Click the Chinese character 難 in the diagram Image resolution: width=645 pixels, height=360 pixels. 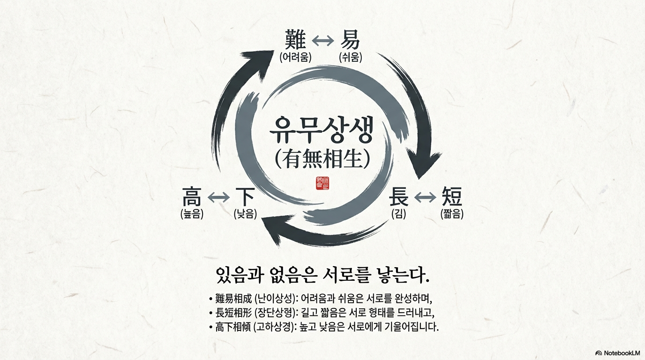295,39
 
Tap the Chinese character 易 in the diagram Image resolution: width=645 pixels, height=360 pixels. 350,39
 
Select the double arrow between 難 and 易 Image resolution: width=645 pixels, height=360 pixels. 322,41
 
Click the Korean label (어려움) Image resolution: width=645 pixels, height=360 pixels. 295,58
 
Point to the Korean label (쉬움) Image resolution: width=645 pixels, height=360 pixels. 350,58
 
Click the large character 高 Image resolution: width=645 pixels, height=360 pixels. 192,197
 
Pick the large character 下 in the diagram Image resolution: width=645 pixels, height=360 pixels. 245,197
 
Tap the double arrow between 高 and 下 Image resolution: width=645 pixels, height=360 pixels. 218,198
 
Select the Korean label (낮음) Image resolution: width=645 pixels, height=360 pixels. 246,215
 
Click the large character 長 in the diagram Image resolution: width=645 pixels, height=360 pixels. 398,197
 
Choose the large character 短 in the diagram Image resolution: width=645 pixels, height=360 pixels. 452,197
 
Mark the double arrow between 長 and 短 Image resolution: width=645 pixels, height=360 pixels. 425,198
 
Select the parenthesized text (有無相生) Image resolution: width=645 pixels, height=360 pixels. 322,159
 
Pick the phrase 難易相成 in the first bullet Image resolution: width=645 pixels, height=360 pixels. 233,299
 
